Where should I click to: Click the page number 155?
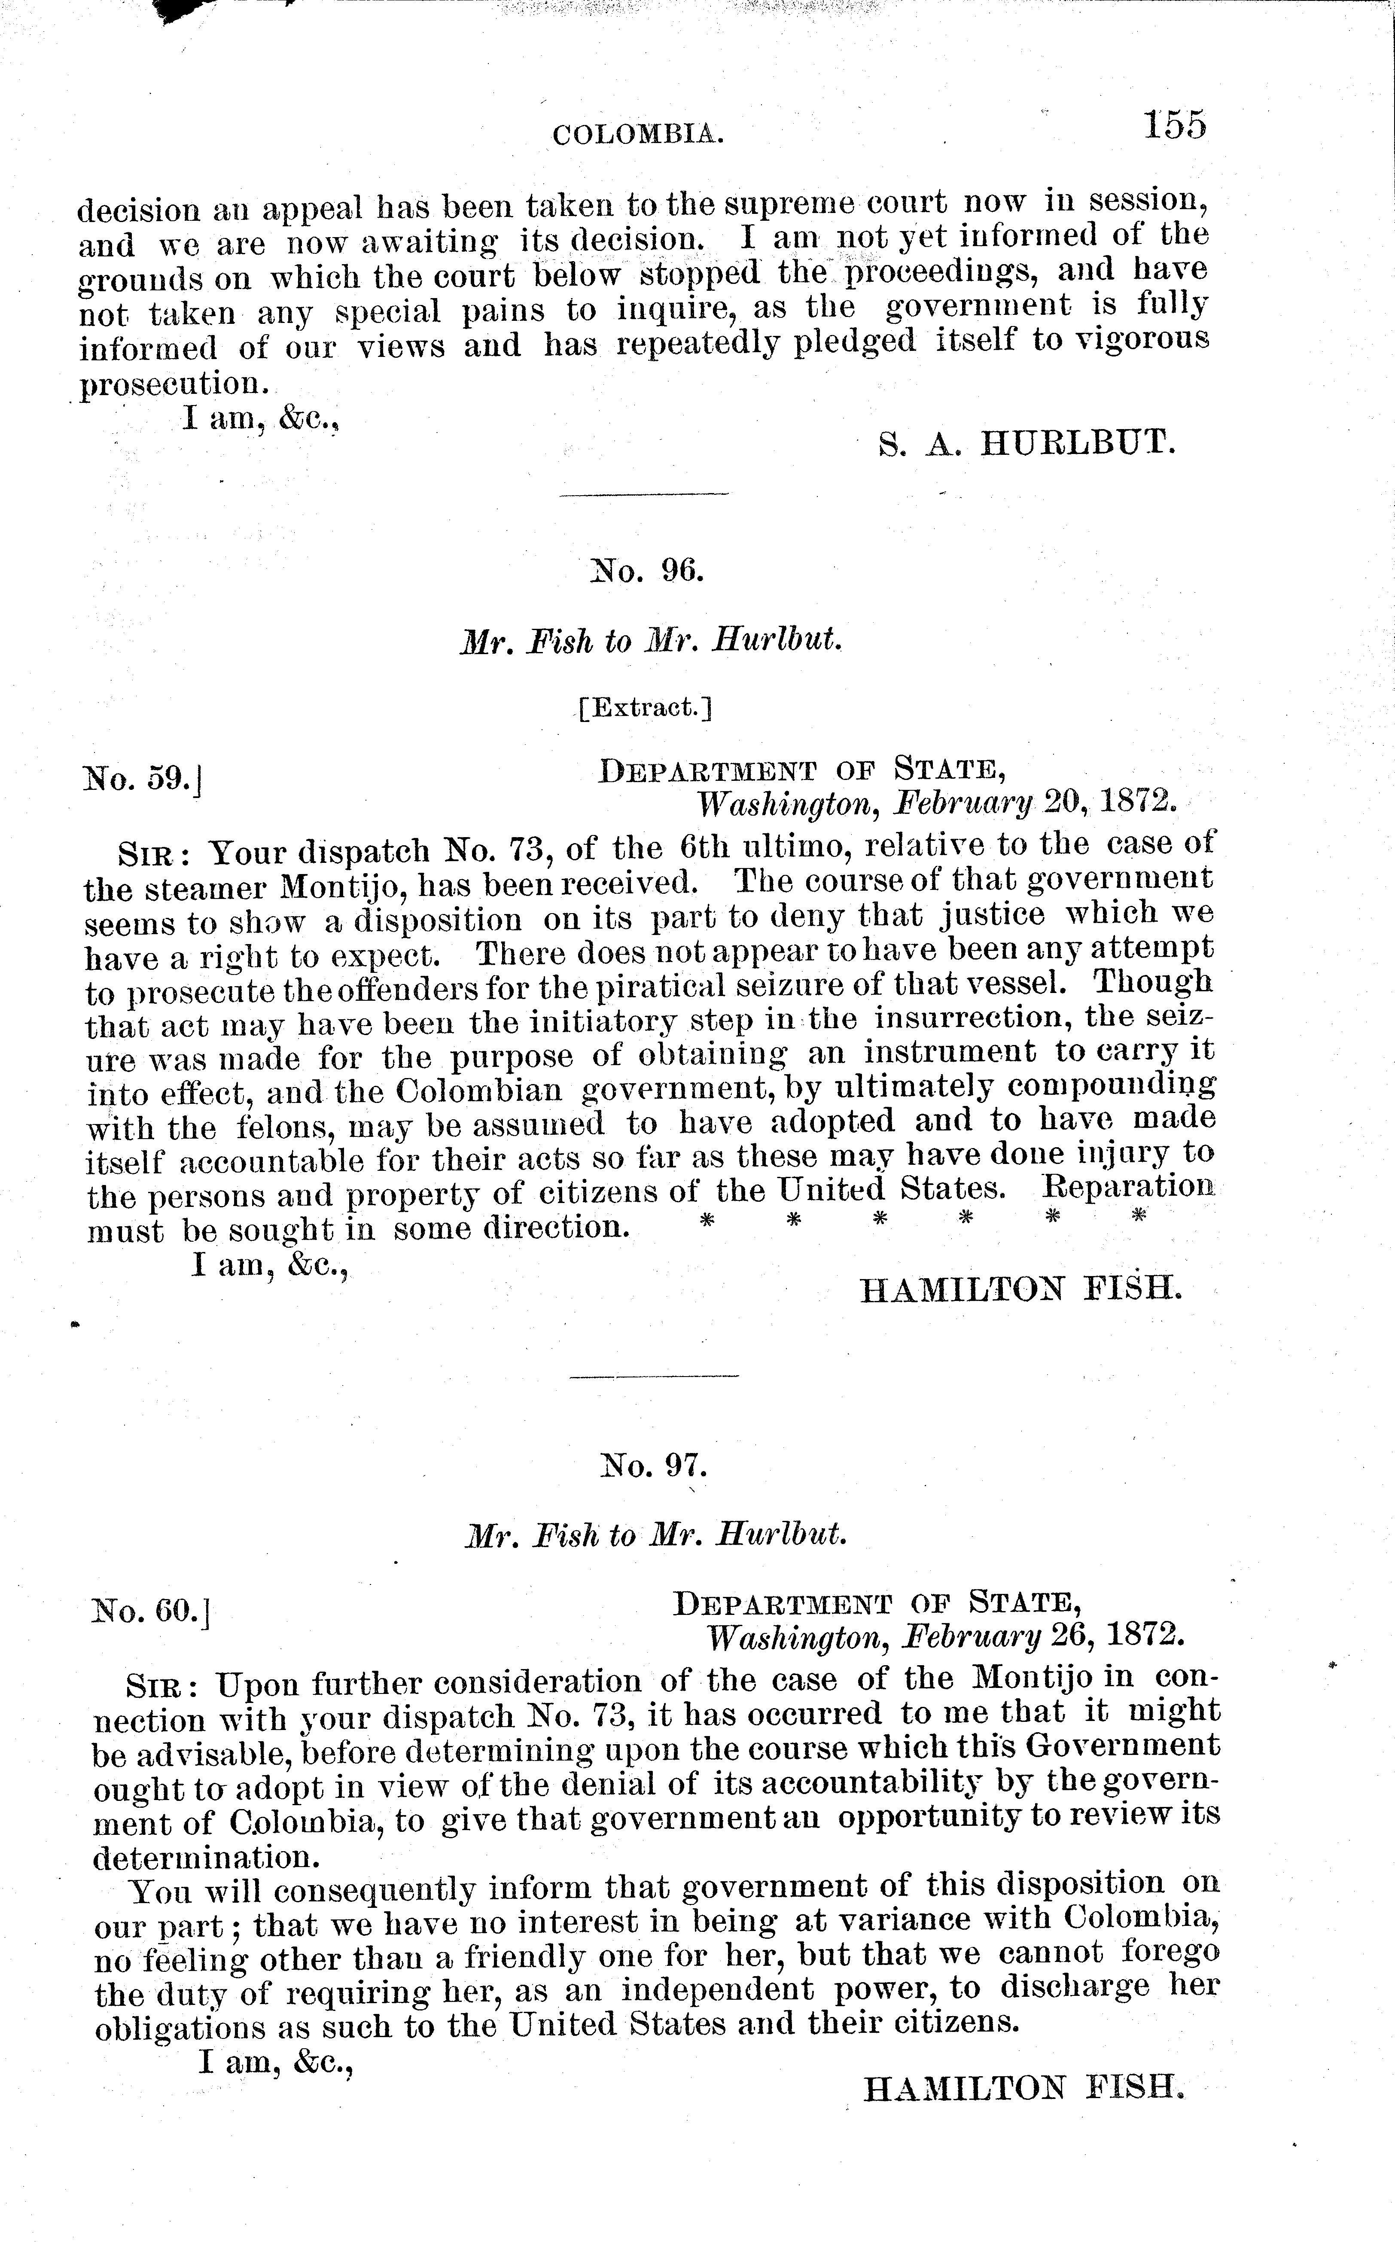pos(1173,125)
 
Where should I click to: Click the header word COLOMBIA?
pos(637,136)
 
